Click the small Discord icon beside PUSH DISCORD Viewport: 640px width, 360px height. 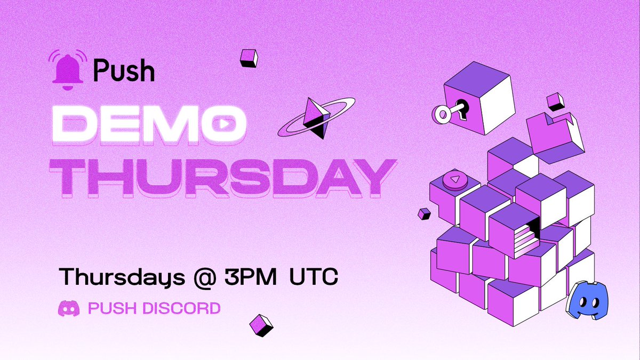coord(68,308)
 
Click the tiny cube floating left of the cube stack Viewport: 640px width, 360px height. coord(425,213)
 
